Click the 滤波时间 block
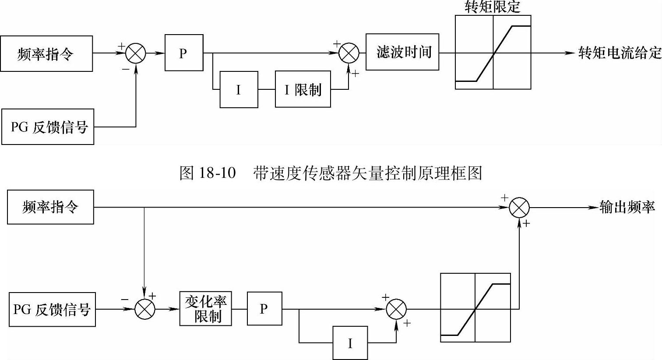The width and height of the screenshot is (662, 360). click(x=402, y=52)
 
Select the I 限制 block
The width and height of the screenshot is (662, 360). click(x=303, y=89)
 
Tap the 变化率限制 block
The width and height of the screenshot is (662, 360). click(x=205, y=309)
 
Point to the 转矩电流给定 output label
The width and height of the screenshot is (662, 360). click(x=619, y=53)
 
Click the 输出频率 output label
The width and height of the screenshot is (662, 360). click(x=627, y=207)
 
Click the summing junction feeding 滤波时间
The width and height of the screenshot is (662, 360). click(x=349, y=53)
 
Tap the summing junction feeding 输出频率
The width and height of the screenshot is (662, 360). click(x=519, y=207)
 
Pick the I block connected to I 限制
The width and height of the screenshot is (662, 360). click(x=239, y=90)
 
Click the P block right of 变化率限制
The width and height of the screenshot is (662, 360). click(x=264, y=309)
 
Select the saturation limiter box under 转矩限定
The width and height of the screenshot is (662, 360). click(x=493, y=53)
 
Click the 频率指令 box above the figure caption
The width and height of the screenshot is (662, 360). click(x=46, y=54)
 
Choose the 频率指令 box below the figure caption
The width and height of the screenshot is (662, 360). click(x=50, y=207)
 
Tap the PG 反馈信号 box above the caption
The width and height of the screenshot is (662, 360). click(x=48, y=127)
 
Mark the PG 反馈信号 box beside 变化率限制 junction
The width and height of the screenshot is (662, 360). click(x=52, y=310)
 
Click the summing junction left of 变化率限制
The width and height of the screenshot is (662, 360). click(x=144, y=309)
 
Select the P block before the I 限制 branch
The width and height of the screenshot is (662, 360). click(x=184, y=53)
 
